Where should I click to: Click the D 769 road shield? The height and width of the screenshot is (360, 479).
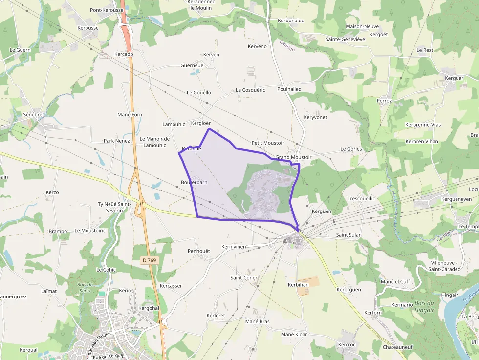(150, 260)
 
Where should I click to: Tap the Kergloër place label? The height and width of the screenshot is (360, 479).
(201, 123)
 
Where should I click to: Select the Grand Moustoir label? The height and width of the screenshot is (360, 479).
(293, 157)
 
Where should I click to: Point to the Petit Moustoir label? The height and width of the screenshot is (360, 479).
(267, 143)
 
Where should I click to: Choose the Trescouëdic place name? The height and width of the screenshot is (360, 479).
(361, 199)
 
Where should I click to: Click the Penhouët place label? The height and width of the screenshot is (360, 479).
(198, 251)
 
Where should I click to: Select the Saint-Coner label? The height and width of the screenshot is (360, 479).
(244, 277)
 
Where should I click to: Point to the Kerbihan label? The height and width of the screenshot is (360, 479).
(298, 284)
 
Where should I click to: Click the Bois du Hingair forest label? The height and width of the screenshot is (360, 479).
(424, 306)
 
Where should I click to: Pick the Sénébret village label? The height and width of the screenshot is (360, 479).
(33, 114)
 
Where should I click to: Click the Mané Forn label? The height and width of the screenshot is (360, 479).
(130, 115)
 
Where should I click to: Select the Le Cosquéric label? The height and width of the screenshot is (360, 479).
(250, 90)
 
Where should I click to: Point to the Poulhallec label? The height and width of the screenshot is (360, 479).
(289, 89)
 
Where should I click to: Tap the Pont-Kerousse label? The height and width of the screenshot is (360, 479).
(107, 10)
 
